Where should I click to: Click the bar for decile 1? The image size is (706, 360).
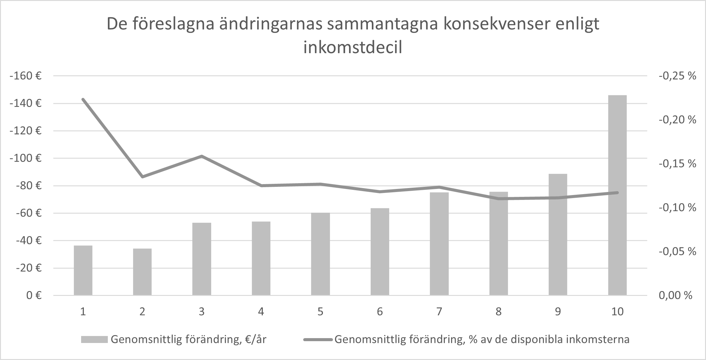point(83,270)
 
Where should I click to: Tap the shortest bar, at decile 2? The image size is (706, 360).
point(142,272)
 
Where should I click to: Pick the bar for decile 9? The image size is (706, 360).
point(558,234)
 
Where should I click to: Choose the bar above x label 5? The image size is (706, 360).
point(320,254)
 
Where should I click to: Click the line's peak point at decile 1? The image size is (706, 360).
point(83,99)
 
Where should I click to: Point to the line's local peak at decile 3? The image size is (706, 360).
point(201,156)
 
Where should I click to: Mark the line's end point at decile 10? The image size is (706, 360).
point(617,193)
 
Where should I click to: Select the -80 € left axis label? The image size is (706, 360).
point(28,186)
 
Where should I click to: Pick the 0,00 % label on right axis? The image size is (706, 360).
point(675,295)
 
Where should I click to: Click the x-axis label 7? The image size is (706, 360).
point(439,311)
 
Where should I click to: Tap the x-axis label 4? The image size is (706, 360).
point(261,311)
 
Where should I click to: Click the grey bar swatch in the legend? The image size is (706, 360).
point(94,339)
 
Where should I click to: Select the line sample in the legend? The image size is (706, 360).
point(318,339)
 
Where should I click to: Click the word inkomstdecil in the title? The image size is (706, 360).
point(353,48)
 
